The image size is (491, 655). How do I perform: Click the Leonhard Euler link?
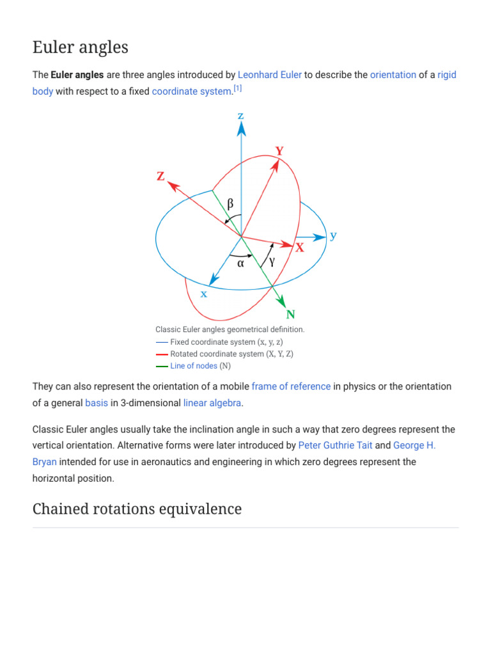[x=269, y=75]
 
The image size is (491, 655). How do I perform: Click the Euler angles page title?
[x=81, y=47]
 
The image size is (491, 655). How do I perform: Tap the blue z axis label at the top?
[x=241, y=116]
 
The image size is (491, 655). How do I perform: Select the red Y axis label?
[x=279, y=151]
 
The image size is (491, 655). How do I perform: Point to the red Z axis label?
[x=161, y=176]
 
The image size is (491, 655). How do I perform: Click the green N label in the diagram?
[x=291, y=314]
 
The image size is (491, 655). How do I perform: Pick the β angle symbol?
[x=231, y=204]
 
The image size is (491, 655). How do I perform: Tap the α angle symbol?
[x=241, y=262]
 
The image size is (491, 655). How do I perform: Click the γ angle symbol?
[x=272, y=262]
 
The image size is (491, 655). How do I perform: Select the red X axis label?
[x=299, y=248]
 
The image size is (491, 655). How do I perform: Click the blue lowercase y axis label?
[x=333, y=235]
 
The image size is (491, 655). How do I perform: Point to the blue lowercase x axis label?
[x=204, y=294]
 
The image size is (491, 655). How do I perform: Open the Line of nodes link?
[x=194, y=366]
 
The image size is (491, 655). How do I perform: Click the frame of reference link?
[x=291, y=386]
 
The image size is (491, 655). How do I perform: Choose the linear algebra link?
[x=212, y=403]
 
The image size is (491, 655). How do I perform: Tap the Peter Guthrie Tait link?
[x=335, y=445]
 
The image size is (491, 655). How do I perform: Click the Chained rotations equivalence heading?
[x=137, y=509]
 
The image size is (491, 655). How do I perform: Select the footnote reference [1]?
[x=237, y=89]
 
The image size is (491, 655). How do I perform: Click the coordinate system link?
[x=191, y=91]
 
